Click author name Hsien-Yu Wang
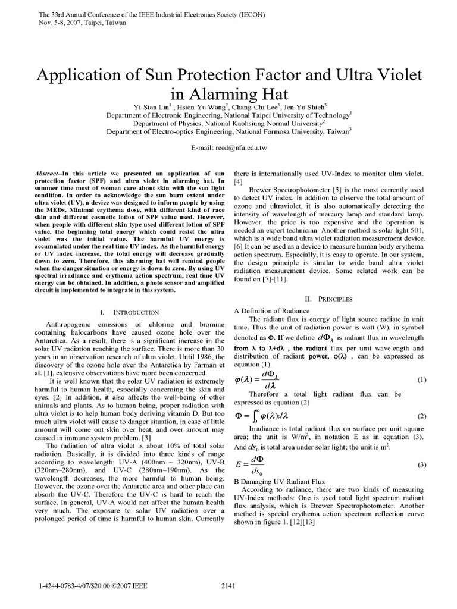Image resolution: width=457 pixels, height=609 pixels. point(208,106)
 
